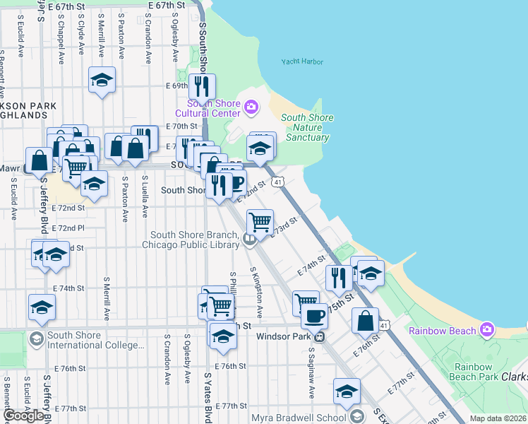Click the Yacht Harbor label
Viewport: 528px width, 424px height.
[302, 61]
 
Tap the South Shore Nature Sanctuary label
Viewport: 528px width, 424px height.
[307, 128]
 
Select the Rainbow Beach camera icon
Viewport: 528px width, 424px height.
[486, 330]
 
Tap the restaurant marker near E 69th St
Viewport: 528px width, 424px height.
[202, 87]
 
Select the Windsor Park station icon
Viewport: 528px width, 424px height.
[319, 336]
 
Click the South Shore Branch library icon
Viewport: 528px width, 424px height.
[248, 240]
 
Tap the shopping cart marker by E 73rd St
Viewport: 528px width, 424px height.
[260, 221]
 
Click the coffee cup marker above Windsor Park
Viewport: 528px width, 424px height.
[314, 315]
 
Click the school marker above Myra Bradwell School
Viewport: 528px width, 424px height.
[347, 391]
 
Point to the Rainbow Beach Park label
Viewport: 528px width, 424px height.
[472, 372]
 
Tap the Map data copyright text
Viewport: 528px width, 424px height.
[498, 418]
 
